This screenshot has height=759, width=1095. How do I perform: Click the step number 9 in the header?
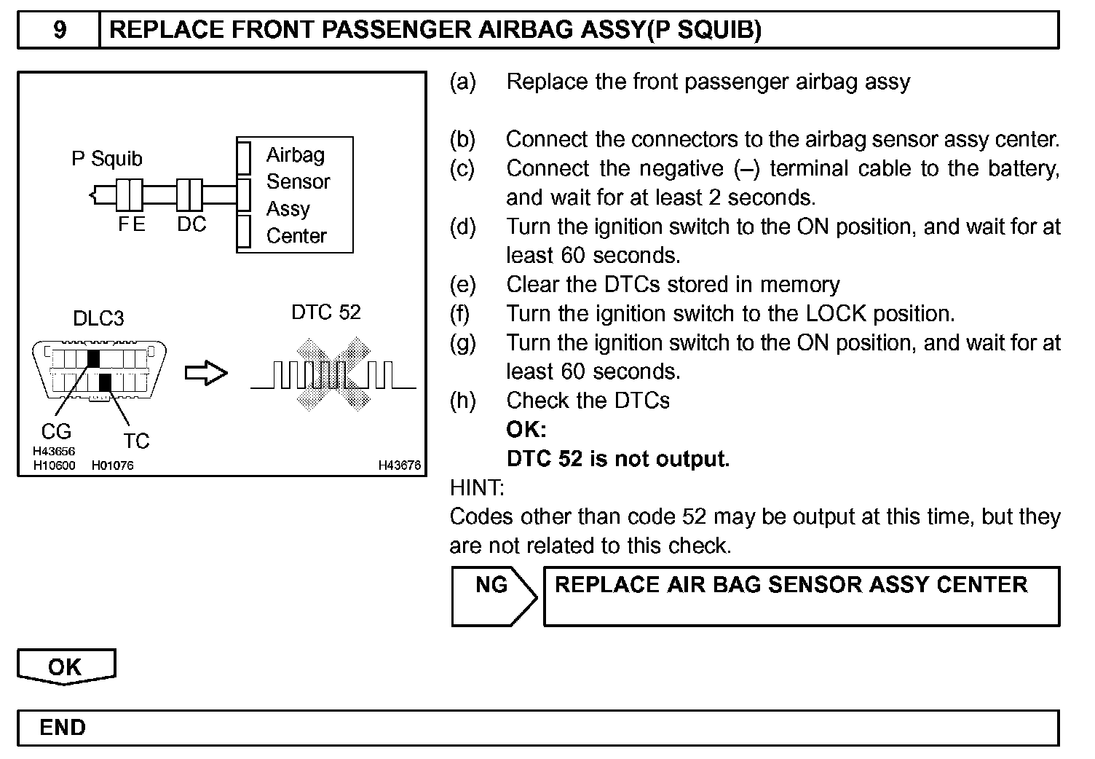pos(60,30)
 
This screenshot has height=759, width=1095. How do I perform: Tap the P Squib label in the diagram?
pos(106,159)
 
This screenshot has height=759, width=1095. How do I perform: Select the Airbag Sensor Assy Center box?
pos(295,194)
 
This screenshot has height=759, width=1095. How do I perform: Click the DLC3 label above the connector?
pos(98,318)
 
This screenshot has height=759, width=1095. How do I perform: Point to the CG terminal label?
pos(56,432)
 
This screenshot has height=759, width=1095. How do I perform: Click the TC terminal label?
pos(136,441)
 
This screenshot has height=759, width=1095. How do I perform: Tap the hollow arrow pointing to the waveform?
pos(207,374)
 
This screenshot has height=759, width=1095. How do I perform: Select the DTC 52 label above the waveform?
pos(325,312)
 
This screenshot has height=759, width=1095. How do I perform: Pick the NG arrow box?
pos(494,596)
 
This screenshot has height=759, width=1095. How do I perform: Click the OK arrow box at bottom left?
pos(66,666)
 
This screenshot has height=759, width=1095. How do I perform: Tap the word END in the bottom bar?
pos(63,728)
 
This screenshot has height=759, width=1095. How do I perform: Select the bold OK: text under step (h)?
pos(526,430)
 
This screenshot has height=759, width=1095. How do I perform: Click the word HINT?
pos(477,487)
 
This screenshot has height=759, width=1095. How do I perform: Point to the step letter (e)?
pos(462,284)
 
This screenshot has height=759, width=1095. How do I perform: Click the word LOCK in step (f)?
pos(836,314)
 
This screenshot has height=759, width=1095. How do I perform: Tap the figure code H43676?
pos(399,465)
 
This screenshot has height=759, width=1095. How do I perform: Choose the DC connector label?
pos(191,225)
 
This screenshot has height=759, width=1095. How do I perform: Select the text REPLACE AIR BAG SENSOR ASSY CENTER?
pos(791,585)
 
